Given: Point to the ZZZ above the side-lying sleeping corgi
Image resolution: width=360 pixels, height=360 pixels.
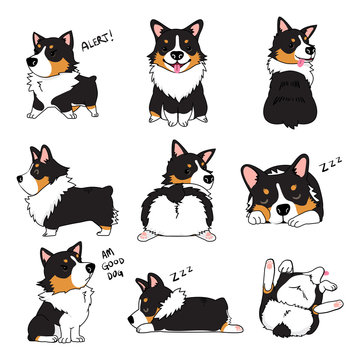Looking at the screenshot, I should point(181,273).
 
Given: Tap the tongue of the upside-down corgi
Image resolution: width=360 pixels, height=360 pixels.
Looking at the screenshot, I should point(322,273).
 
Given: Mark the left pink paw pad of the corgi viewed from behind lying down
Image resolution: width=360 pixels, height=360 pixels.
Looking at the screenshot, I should point(153,236).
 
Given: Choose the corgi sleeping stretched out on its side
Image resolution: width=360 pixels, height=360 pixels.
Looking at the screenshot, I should point(180,311).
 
